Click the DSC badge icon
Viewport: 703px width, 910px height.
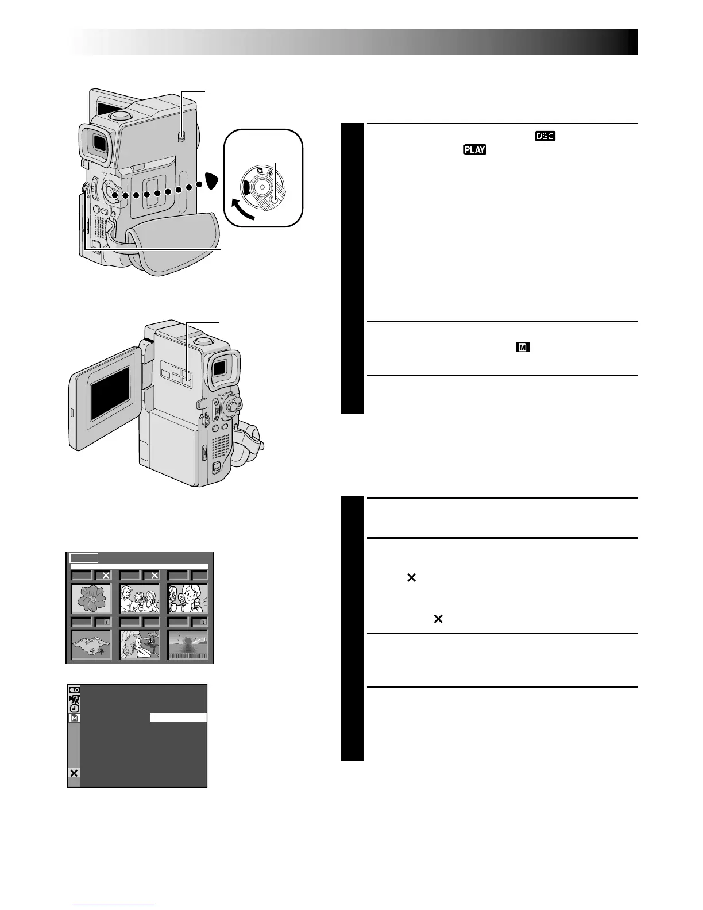pyautogui.click(x=545, y=137)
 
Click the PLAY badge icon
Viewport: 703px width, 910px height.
pyautogui.click(x=473, y=150)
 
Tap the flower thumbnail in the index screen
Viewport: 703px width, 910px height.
pyautogui.click(x=91, y=598)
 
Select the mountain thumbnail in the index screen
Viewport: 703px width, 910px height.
pyautogui.click(x=91, y=645)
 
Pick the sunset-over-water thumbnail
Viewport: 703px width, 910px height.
pyautogui.click(x=188, y=645)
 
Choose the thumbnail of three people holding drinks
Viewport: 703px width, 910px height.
pyautogui.click(x=140, y=598)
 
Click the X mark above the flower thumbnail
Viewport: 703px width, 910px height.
pyautogui.click(x=105, y=574)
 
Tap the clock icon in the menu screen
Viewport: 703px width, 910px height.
pyautogui.click(x=75, y=708)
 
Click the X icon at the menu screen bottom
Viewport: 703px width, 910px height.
pyautogui.click(x=74, y=773)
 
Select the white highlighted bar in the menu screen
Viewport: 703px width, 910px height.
pyautogui.click(x=178, y=718)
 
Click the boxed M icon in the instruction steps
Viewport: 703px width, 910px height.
pyautogui.click(x=522, y=347)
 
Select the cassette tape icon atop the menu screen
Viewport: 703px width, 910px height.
pyautogui.click(x=75, y=690)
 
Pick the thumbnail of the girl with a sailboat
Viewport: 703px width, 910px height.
pyautogui.click(x=140, y=645)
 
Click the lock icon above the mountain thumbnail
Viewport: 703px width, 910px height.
pyautogui.click(x=105, y=622)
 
